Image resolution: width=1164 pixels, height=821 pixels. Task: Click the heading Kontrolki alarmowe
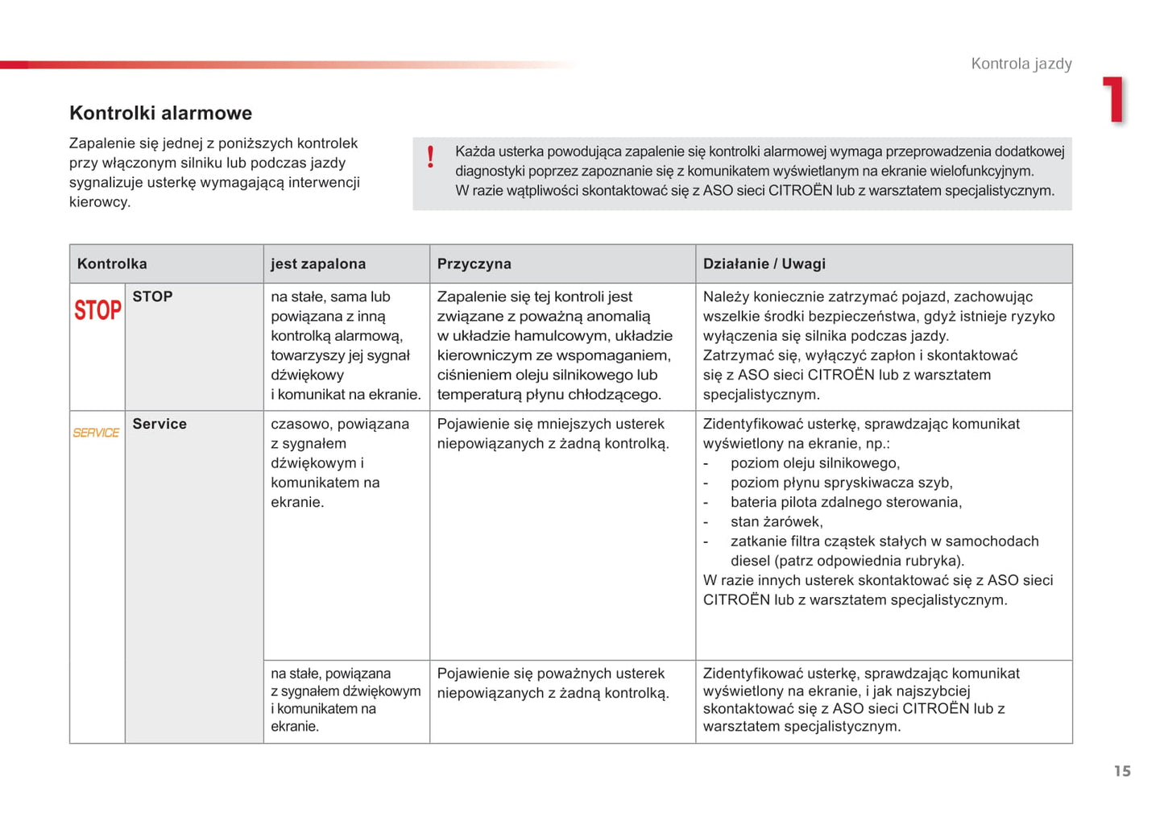(160, 113)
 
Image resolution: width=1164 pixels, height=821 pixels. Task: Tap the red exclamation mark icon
(431, 156)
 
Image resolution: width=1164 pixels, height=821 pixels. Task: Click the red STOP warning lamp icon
(97, 310)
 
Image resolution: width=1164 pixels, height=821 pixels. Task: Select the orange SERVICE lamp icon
(96, 433)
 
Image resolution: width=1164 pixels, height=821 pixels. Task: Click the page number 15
(1122, 771)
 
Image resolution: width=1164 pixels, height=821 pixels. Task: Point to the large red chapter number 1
(1115, 100)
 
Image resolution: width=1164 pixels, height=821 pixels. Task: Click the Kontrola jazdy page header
(1021, 64)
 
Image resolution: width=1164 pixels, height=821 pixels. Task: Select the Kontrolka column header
(112, 263)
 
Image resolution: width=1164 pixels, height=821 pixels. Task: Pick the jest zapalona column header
(318, 263)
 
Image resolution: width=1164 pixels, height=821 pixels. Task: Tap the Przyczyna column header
(474, 263)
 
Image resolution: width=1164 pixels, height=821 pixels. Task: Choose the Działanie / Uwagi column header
(764, 263)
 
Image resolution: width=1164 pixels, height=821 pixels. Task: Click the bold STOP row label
(152, 296)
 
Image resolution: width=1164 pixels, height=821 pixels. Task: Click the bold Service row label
(159, 424)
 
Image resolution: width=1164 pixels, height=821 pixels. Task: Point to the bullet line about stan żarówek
(776, 521)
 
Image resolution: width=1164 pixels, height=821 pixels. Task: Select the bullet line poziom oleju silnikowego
(814, 462)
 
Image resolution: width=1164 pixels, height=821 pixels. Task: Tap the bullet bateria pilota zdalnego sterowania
(846, 502)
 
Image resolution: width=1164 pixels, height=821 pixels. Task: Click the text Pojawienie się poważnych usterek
(550, 674)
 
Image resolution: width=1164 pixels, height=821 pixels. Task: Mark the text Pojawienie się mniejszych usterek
(550, 424)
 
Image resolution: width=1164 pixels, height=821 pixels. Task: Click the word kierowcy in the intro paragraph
(98, 201)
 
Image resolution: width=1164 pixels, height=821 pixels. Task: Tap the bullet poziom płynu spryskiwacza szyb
(841, 483)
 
